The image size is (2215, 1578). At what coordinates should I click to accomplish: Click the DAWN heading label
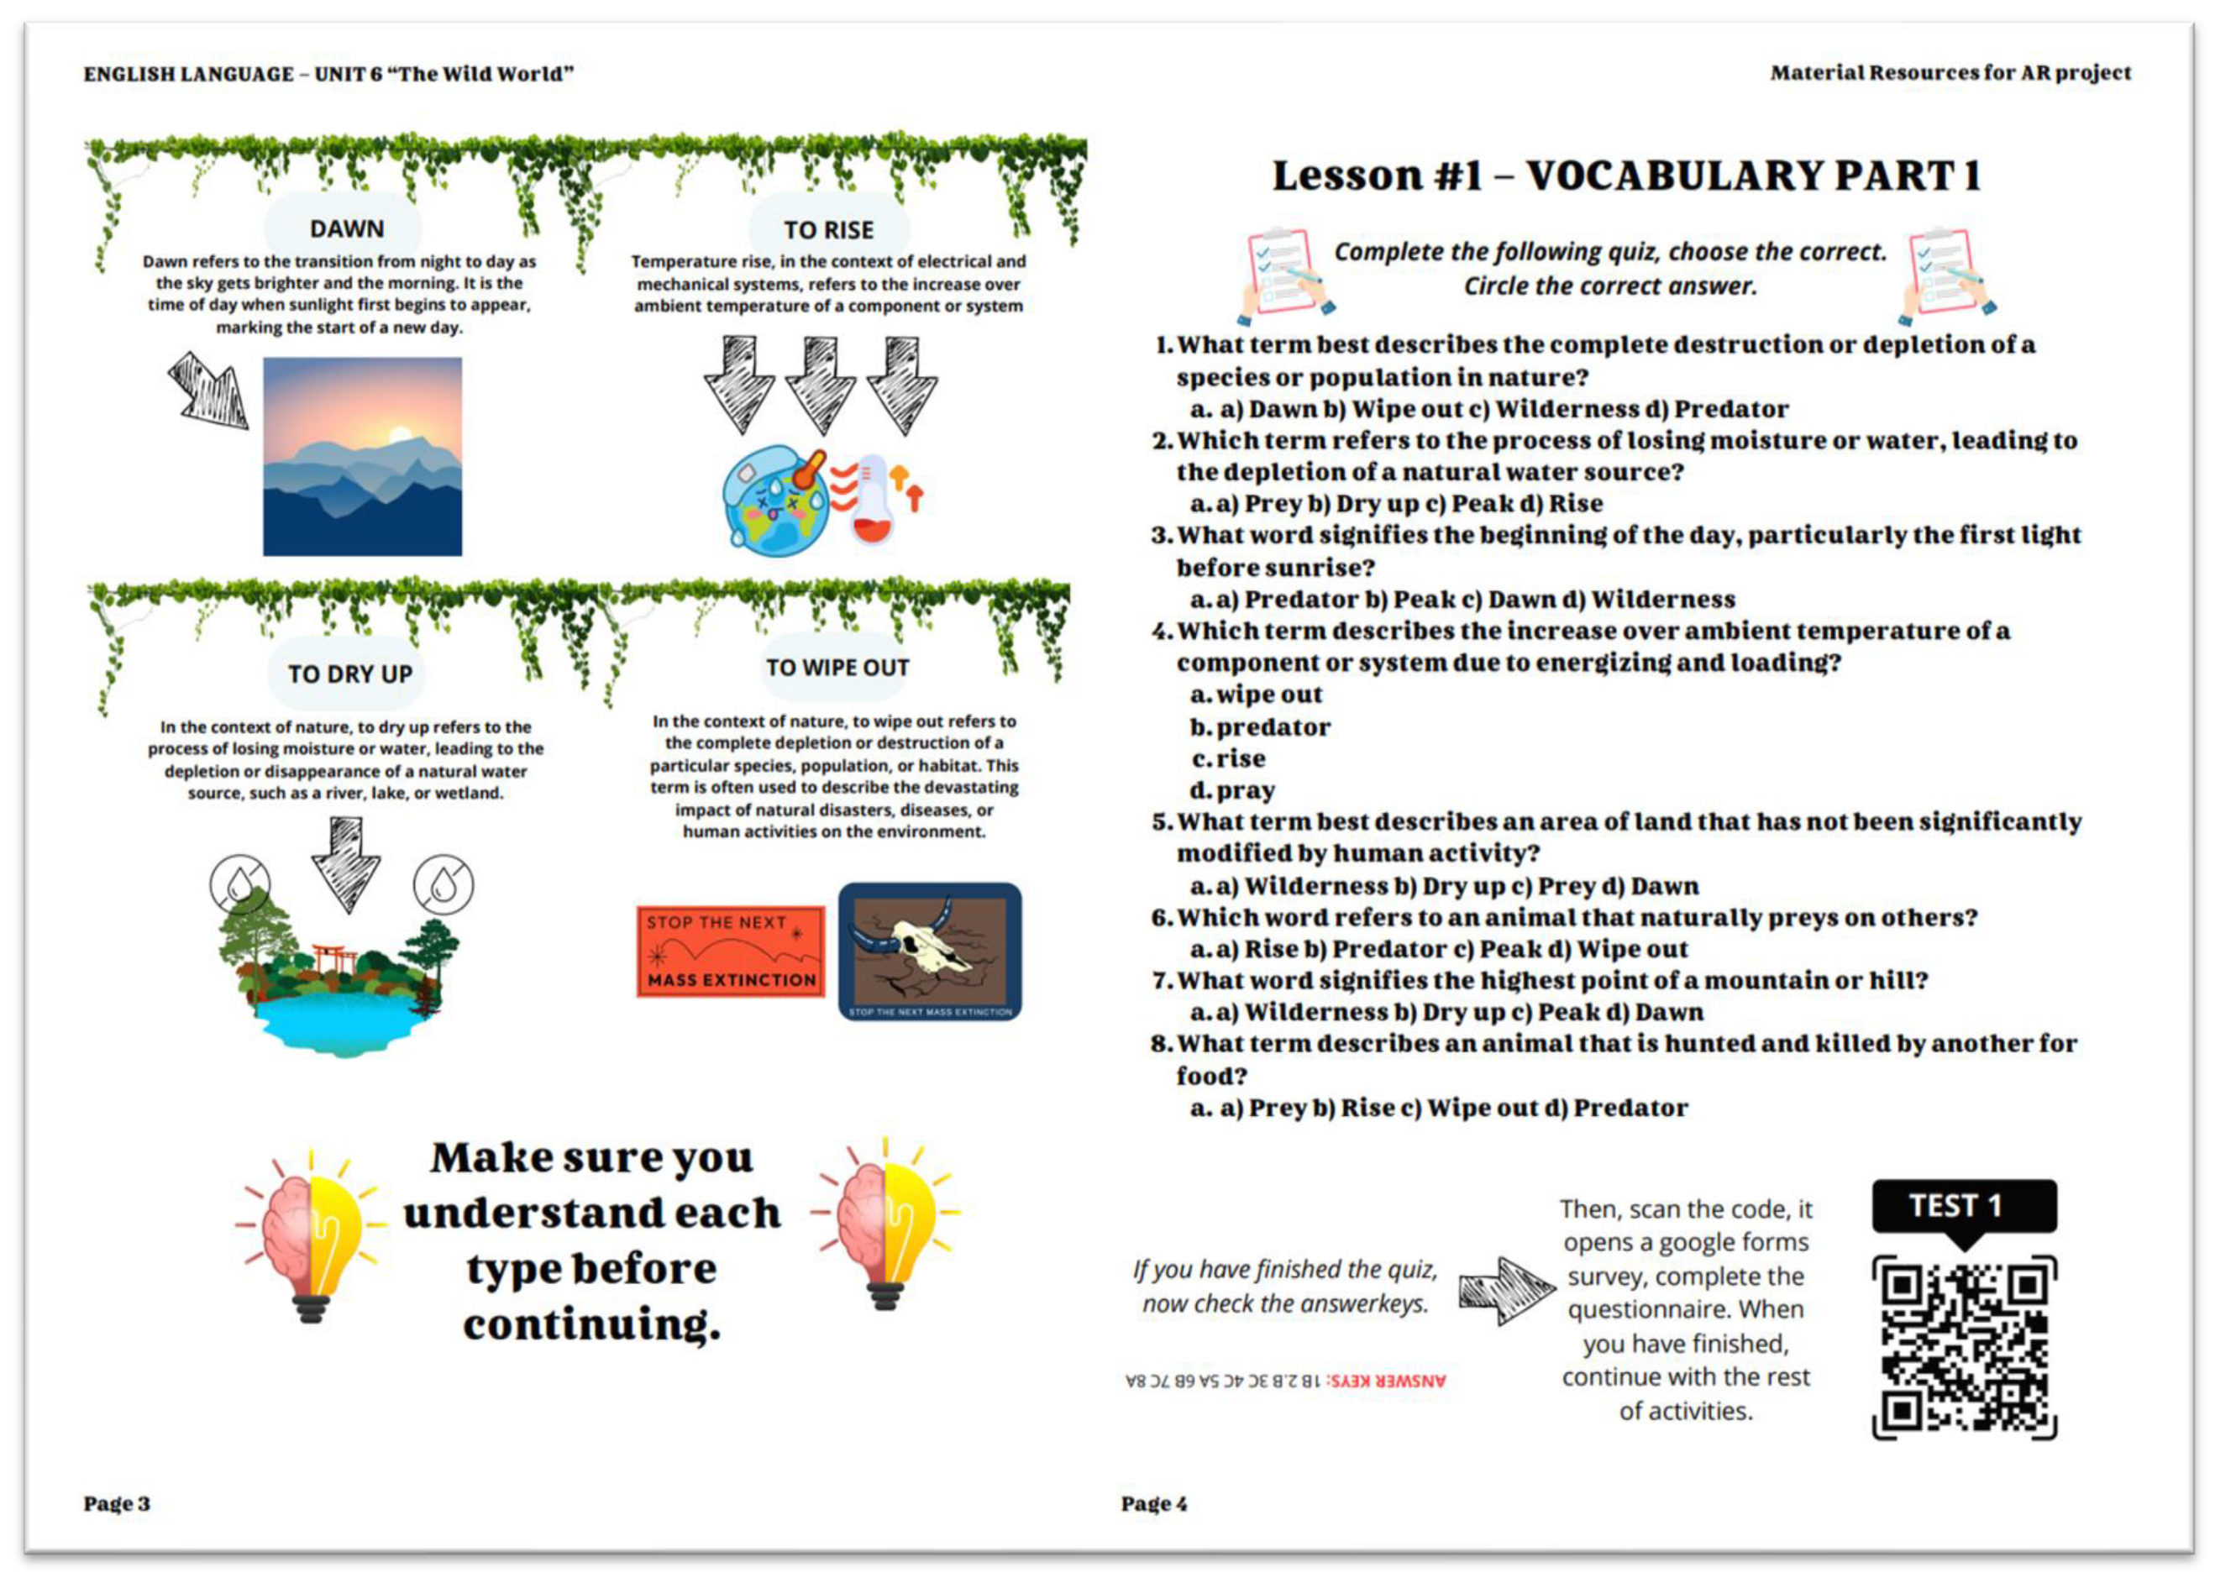coord(346,228)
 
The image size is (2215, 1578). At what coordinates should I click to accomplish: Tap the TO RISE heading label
coord(828,230)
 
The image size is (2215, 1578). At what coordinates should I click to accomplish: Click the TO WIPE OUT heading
coord(837,668)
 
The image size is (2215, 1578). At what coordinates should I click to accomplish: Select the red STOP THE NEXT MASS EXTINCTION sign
coord(730,952)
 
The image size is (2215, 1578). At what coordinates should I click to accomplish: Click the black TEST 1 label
coord(1963,1206)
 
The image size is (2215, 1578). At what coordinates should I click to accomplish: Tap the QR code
coord(1964,1347)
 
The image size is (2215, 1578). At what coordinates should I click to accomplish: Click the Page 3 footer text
coord(117,1503)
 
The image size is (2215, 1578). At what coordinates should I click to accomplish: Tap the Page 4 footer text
coord(1153,1503)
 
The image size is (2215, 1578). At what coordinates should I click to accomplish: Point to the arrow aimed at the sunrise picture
coord(207,389)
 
